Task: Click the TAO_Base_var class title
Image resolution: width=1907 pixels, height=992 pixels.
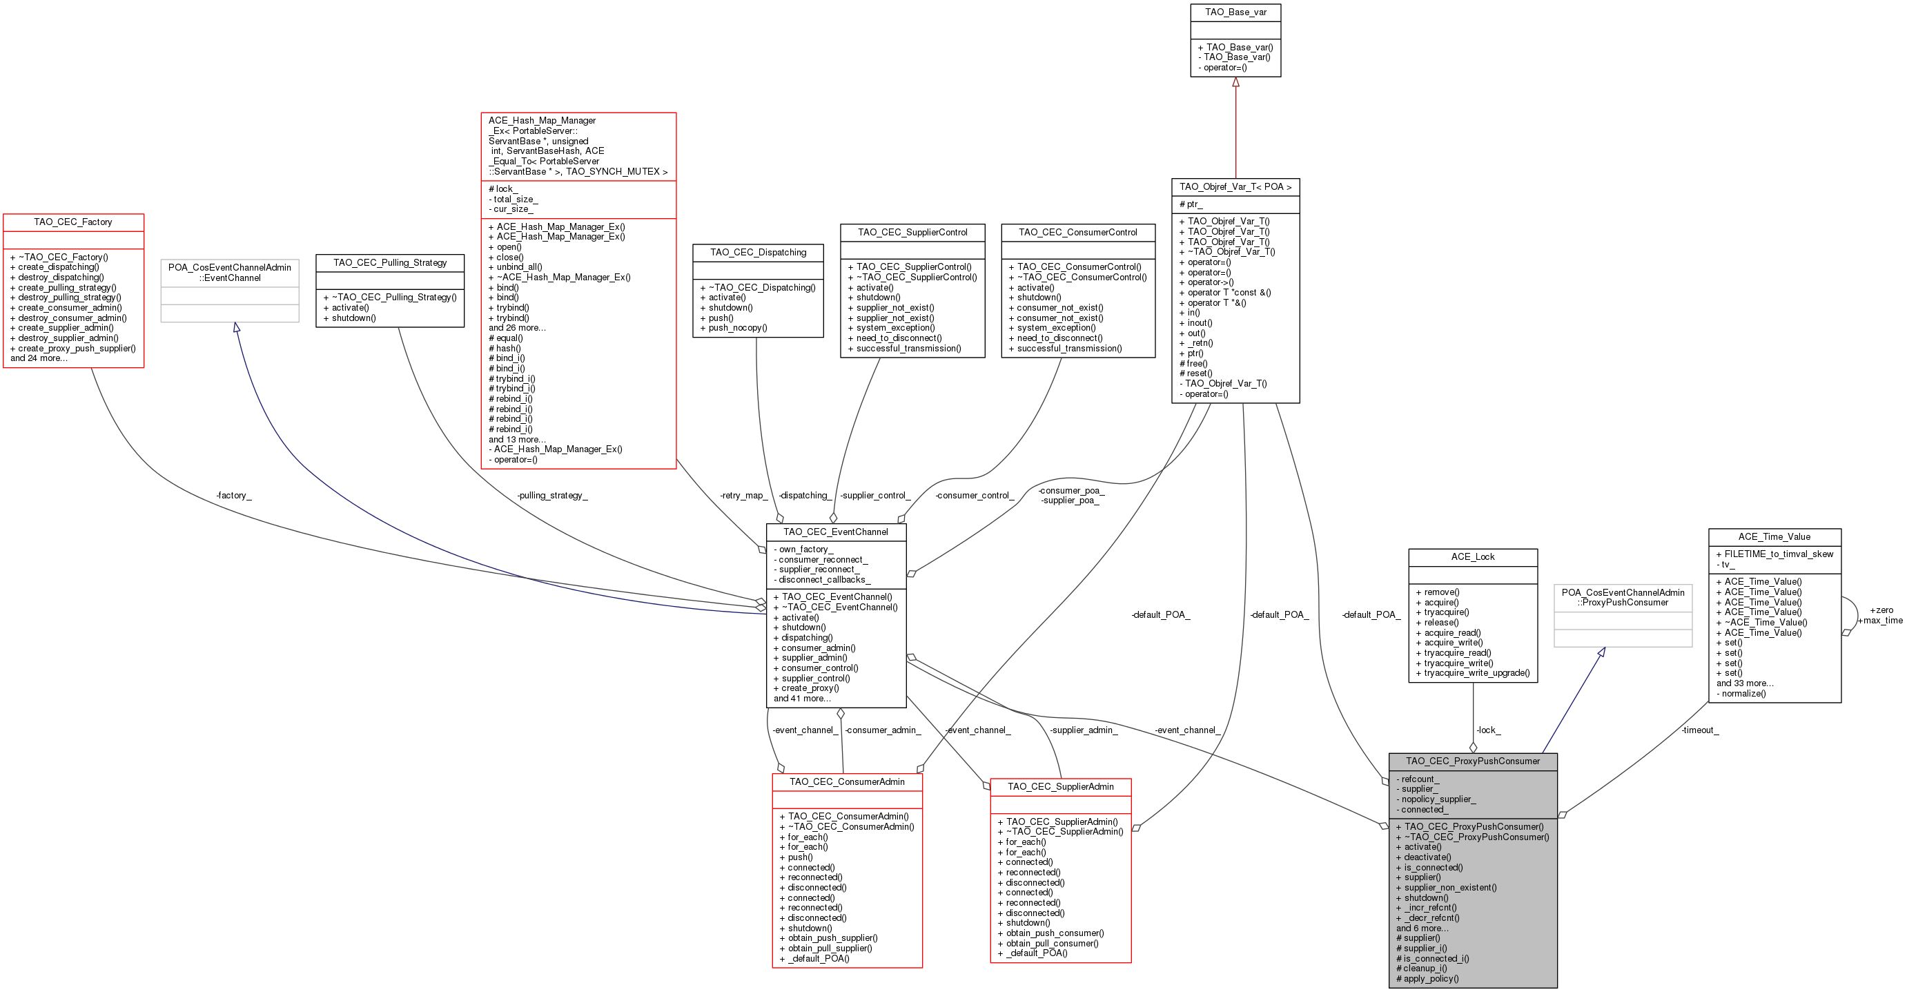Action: pos(1235,12)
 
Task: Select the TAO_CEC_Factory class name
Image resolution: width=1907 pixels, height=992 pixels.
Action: pos(73,222)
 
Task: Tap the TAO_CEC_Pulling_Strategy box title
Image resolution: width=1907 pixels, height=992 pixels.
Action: pos(390,263)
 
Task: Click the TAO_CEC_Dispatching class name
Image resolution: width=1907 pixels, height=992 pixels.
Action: pos(758,253)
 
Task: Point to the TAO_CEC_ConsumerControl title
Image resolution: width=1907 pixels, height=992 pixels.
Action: pos(1078,233)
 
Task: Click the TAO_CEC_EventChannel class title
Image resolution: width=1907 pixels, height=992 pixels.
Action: pos(836,532)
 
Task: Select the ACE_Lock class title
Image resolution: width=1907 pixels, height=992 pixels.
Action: pos(1473,556)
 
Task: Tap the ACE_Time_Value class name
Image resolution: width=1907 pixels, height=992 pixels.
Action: pos(1774,536)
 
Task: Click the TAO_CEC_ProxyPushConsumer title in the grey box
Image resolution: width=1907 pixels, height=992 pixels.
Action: pos(1473,761)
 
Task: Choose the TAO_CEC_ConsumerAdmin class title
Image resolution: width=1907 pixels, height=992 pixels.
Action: pos(847,781)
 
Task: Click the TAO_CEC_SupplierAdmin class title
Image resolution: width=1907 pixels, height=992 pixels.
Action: pos(1061,787)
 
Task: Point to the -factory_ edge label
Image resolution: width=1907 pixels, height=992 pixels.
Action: pos(234,495)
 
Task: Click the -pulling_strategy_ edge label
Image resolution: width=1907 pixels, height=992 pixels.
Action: pos(552,495)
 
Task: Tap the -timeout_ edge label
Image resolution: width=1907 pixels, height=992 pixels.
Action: pos(1700,730)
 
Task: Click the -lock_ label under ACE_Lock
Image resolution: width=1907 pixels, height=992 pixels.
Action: pos(1489,730)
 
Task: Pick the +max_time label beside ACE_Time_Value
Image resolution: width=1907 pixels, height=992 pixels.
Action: pos(1879,621)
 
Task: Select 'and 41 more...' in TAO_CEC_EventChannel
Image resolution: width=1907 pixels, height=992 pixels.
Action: pos(803,698)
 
